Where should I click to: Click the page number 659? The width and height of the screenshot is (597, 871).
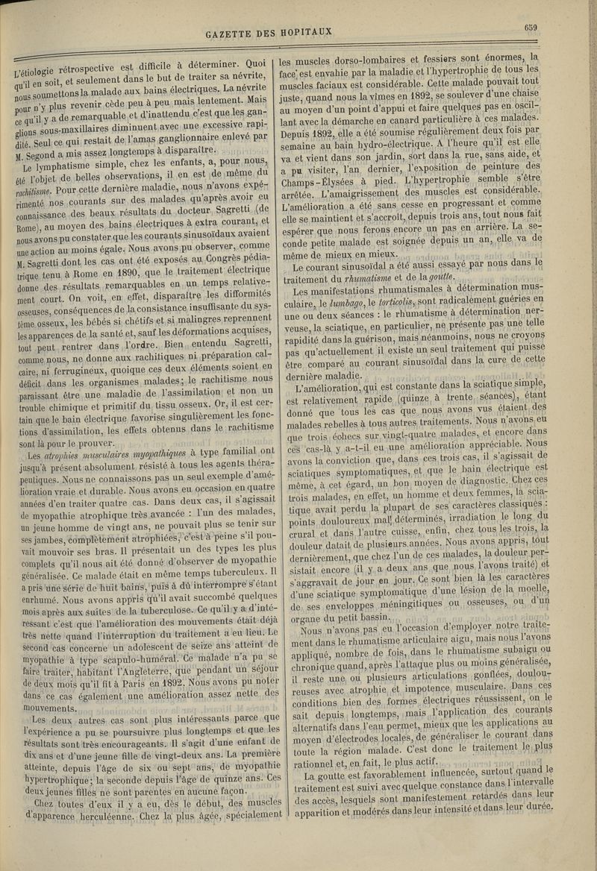[531, 28]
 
